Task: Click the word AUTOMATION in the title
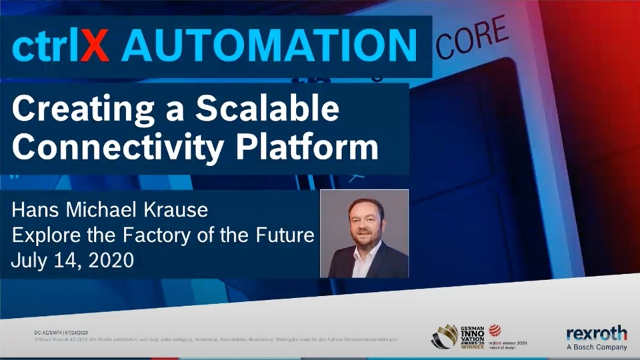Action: (269, 47)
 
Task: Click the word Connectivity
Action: (106, 147)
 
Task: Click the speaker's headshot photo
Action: (365, 233)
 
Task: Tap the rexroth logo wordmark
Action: (596, 334)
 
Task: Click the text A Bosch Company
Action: (596, 347)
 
